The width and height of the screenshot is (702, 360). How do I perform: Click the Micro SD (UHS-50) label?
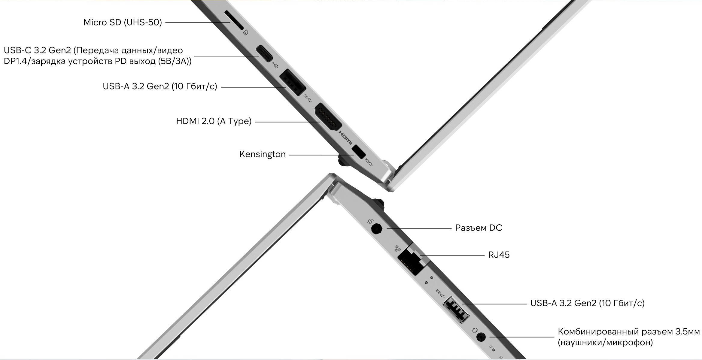[123, 23]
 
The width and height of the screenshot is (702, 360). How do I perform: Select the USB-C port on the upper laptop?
[264, 54]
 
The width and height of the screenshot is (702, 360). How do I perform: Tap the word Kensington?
[262, 154]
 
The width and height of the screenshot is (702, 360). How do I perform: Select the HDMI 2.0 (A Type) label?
[214, 121]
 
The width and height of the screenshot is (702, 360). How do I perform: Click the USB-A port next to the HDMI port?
[292, 82]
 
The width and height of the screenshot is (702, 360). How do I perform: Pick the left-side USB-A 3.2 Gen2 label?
[160, 86]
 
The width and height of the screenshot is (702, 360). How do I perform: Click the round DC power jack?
[377, 229]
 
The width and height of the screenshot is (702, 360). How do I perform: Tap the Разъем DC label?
[479, 228]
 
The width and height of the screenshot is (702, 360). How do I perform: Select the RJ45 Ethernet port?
[410, 260]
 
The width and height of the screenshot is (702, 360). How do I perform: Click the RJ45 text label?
[499, 255]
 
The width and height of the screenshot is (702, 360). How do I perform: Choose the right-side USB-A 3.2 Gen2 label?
[587, 303]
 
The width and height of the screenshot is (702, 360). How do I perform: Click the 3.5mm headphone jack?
[481, 337]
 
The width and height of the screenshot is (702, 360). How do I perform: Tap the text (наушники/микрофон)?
[605, 343]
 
